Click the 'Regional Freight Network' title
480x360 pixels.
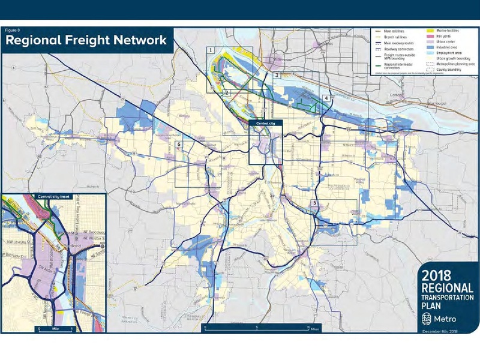coord(85,41)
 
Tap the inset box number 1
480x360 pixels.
coord(211,50)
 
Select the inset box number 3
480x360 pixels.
coord(276,76)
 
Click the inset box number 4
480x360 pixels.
coord(325,98)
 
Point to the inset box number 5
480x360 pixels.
coord(314,203)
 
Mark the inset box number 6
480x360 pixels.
coord(178,145)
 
